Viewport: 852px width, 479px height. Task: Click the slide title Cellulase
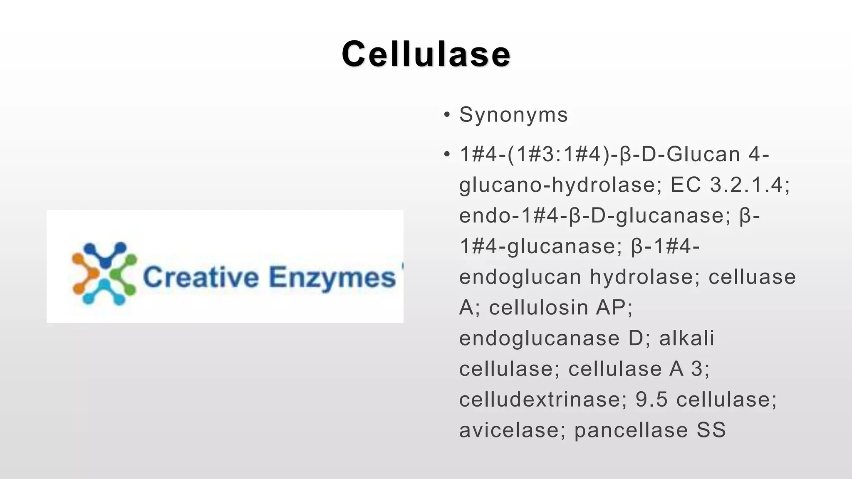click(x=426, y=54)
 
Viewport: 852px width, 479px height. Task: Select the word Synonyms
click(x=513, y=115)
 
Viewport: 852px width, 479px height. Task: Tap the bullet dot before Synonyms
click(x=447, y=115)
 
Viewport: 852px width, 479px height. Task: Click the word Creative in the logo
click(x=201, y=277)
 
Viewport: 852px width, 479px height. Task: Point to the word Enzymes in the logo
click(x=332, y=277)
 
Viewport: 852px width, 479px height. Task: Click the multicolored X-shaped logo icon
click(x=104, y=273)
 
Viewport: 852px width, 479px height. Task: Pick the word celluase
click(x=752, y=277)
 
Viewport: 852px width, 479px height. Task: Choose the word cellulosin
click(x=538, y=308)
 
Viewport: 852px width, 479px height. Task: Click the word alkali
click(x=687, y=338)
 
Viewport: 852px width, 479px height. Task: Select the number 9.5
click(x=651, y=400)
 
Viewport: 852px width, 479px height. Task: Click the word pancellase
click(x=631, y=430)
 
